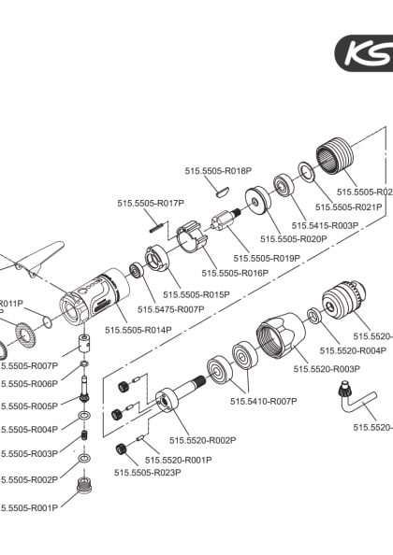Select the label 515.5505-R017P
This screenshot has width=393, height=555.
click(151, 203)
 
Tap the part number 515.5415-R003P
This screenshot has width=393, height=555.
click(326, 225)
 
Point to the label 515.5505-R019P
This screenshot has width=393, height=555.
click(267, 258)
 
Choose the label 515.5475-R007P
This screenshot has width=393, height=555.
click(170, 308)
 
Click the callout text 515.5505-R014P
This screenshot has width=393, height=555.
click(138, 330)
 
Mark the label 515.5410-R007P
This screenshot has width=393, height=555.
click(263, 401)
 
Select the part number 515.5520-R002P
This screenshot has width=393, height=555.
click(202, 440)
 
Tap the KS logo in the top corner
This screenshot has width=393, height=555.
click(367, 53)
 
